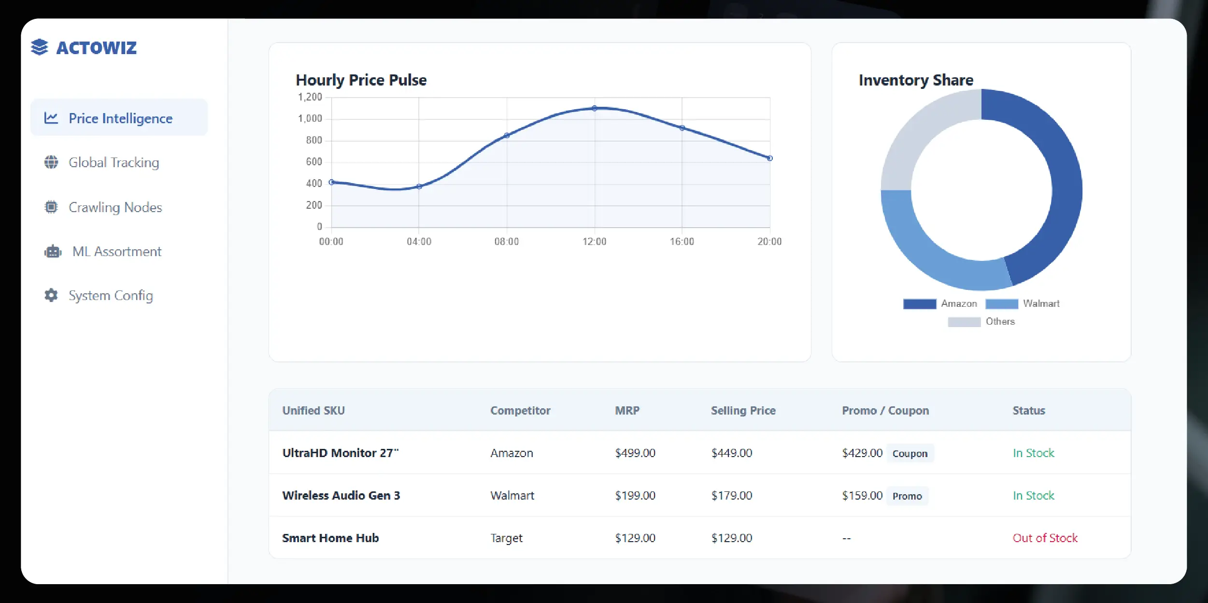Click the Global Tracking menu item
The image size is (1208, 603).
[x=114, y=162]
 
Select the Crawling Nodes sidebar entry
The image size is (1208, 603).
[x=115, y=207]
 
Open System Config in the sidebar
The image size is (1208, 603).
[x=111, y=295]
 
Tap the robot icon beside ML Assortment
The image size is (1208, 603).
[x=53, y=252]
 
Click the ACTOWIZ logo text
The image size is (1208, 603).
[x=96, y=48]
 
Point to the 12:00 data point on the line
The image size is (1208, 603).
[x=594, y=108]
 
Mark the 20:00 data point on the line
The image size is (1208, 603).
[x=769, y=158]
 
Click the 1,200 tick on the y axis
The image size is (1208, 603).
[x=310, y=97]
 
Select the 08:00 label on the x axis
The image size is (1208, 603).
[x=506, y=242]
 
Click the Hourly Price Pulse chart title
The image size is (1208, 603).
[x=361, y=80]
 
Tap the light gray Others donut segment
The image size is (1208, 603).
[x=918, y=140]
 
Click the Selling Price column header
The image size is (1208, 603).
[x=743, y=411]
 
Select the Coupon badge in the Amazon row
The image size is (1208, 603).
[x=910, y=454]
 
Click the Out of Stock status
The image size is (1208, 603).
[x=1045, y=538]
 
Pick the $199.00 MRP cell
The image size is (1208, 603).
[x=635, y=496]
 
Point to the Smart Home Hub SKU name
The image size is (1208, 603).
[x=330, y=538]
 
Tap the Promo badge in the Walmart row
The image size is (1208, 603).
[x=907, y=496]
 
